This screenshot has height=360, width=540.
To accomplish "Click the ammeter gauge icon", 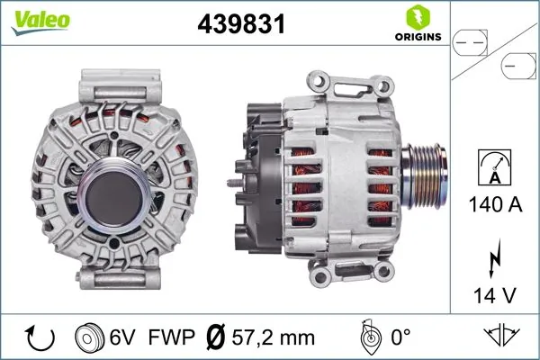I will (495, 168).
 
